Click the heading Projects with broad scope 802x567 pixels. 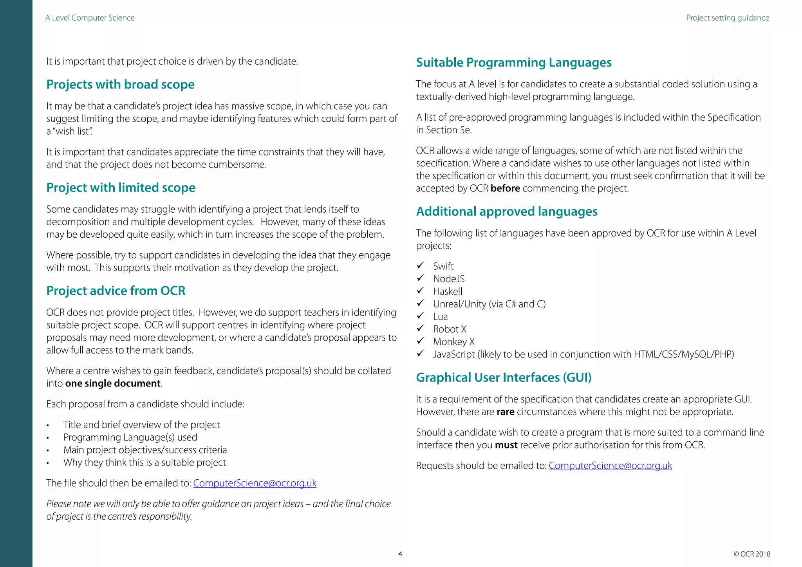[x=120, y=85]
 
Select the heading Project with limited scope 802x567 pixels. [x=121, y=188]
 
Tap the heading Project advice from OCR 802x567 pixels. [x=116, y=291]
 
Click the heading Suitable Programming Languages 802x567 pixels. [x=513, y=63]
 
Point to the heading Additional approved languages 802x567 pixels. [x=506, y=211]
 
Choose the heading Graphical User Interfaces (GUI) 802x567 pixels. [x=503, y=377]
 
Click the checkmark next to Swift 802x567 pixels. [x=420, y=265]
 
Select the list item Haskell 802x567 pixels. [x=447, y=291]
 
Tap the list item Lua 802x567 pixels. [x=440, y=316]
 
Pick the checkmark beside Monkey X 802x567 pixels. [x=420, y=341]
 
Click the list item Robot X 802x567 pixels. [x=450, y=329]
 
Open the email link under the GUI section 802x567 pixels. [x=610, y=466]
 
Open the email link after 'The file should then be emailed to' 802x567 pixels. [x=255, y=483]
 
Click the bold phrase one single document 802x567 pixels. [x=113, y=383]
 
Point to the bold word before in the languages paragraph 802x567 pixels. [x=505, y=188]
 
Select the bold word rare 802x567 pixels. [x=505, y=412]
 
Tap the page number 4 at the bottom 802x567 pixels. [x=400, y=554]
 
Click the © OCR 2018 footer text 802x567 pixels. [x=751, y=554]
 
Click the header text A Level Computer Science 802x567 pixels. [x=90, y=18]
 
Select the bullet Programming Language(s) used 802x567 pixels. [x=130, y=437]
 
